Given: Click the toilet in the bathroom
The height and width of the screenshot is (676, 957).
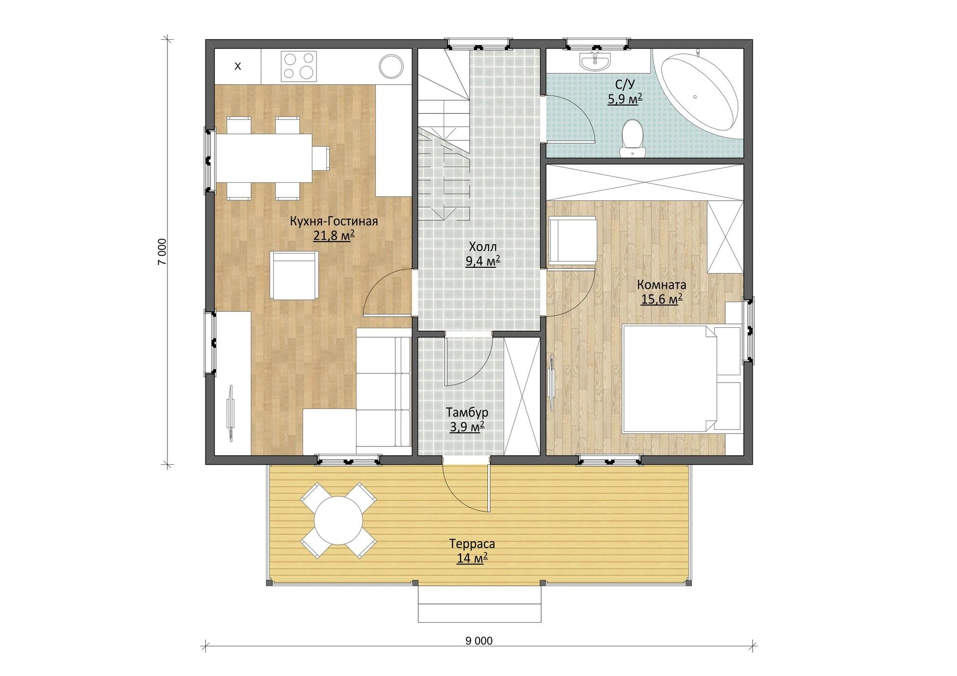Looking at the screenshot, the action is point(633,138).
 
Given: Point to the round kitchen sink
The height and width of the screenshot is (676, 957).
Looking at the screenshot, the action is point(391,66).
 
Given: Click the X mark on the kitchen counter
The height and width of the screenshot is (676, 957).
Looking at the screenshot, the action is point(238,66).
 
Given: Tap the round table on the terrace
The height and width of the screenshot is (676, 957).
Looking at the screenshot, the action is point(338,521).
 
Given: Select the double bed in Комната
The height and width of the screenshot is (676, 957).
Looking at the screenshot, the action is point(681,379).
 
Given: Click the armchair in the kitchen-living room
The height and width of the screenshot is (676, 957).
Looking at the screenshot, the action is point(294,275).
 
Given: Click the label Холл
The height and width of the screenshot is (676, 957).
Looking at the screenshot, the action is point(482,247).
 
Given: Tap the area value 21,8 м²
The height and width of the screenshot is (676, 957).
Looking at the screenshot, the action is point(333,235).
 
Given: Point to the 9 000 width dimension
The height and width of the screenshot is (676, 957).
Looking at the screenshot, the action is point(479,641).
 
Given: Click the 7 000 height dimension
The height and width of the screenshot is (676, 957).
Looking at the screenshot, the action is point(162,252).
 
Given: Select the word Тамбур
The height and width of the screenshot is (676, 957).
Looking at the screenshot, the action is point(467,412).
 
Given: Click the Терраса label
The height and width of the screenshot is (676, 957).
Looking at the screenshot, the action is point(472,543).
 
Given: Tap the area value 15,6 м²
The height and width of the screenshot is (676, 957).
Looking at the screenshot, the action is point(661,299).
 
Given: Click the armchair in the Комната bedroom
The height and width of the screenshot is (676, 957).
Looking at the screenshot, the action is point(573,240).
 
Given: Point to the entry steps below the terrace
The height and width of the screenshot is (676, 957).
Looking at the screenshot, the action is point(479,604).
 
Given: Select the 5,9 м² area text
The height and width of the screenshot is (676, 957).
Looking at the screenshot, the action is point(625,99).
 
